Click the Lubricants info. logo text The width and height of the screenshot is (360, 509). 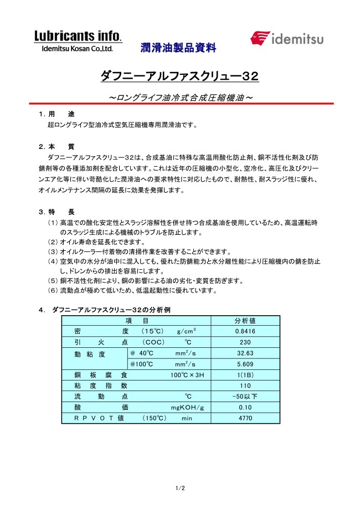(78, 36)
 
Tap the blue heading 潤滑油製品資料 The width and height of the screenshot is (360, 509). (178, 48)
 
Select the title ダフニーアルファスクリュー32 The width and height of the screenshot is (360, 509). (179, 75)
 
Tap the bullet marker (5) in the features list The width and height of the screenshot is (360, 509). (53, 281)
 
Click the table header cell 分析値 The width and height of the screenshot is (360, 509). (245, 321)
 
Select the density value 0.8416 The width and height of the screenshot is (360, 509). (245, 331)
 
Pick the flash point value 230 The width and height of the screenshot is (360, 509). (245, 342)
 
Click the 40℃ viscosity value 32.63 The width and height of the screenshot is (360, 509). (245, 353)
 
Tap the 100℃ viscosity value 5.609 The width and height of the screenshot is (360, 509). (245, 364)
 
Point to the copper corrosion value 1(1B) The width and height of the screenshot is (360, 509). (245, 375)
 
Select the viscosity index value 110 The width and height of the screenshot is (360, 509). (245, 385)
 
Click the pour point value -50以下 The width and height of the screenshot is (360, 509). (245, 397)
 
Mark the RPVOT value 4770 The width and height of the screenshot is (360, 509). (245, 418)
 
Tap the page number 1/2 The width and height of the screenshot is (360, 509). (180, 487)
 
